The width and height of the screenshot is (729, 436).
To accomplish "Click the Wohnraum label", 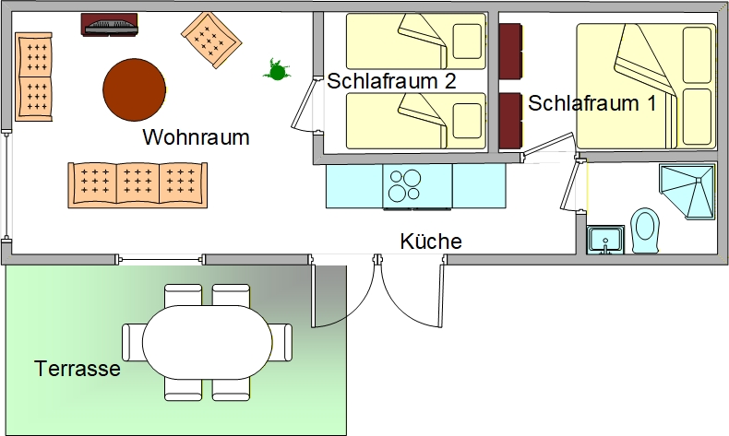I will tap(197, 138).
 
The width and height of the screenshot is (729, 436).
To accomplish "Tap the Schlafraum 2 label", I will tap(392, 81).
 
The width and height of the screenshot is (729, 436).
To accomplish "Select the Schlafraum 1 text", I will tap(592, 103).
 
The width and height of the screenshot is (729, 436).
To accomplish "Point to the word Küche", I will tap(431, 242).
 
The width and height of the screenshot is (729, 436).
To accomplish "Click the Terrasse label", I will tap(78, 369).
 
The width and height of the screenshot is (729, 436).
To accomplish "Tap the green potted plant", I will tap(274, 69).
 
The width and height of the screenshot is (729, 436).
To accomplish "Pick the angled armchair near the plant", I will tap(211, 38).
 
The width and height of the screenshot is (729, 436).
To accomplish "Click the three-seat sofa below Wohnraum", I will tap(137, 184).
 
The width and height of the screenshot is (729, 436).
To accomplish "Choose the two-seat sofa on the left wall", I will tap(34, 76).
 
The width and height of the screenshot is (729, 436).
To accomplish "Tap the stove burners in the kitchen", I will tap(404, 186).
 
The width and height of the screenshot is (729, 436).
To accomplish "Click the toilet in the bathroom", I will tap(645, 230).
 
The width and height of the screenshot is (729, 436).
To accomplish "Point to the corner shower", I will tap(690, 191).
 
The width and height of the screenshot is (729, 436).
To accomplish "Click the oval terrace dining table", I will tap(206, 342).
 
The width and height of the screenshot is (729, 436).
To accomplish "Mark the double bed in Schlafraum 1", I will tap(645, 86).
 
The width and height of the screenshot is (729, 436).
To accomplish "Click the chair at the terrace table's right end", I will tap(281, 342).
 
